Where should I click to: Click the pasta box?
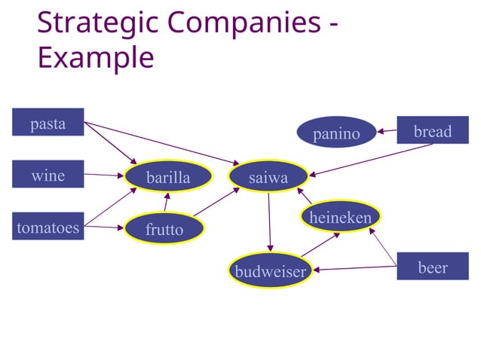pos(47,124)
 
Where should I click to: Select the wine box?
pos(47,175)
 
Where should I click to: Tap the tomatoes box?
pos(47,226)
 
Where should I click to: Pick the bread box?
pos(432,131)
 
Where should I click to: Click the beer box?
pos(432,267)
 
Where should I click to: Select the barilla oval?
pos(168,178)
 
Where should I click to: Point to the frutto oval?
pos(164,229)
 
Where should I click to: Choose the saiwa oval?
pos(268,178)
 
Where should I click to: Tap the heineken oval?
pos(340,217)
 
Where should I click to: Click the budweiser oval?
pos(270,271)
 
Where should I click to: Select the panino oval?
pos(336,133)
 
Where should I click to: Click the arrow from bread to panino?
pos(386,132)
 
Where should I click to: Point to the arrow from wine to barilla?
pos(103,176)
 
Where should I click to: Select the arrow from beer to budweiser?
pos(354,268)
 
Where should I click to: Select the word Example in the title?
pos(96,56)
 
